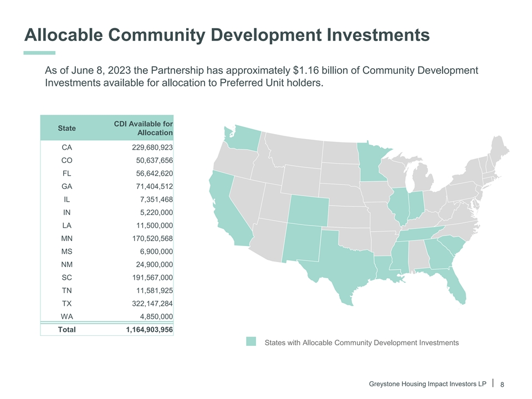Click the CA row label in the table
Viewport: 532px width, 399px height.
(x=66, y=148)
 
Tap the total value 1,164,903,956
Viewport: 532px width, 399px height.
(x=150, y=330)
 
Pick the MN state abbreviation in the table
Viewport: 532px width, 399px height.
(x=66, y=239)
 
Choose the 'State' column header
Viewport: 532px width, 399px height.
(x=67, y=128)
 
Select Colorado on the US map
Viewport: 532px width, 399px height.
(x=308, y=210)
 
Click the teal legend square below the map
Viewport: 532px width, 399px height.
(x=252, y=342)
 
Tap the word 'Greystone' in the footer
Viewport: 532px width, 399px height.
(x=386, y=384)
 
